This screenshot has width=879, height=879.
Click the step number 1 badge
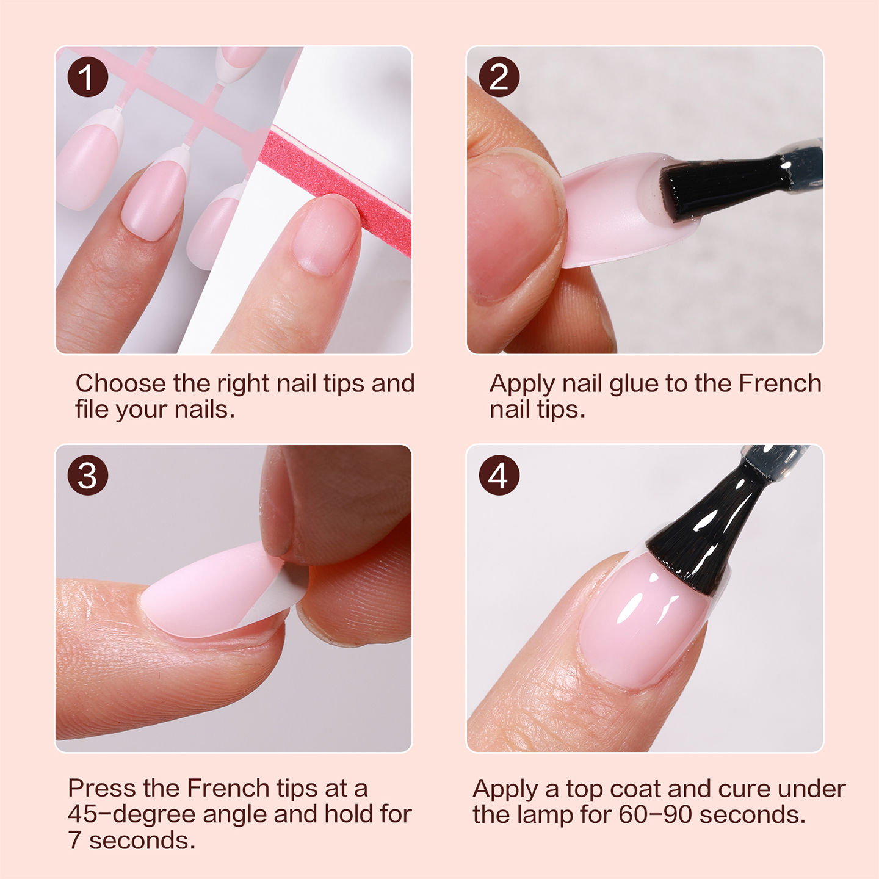tap(87, 77)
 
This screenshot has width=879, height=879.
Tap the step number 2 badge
tap(499, 77)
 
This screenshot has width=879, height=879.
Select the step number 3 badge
tap(87, 476)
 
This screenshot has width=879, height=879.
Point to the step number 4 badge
tap(499, 476)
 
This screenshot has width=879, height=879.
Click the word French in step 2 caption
tap(780, 383)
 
